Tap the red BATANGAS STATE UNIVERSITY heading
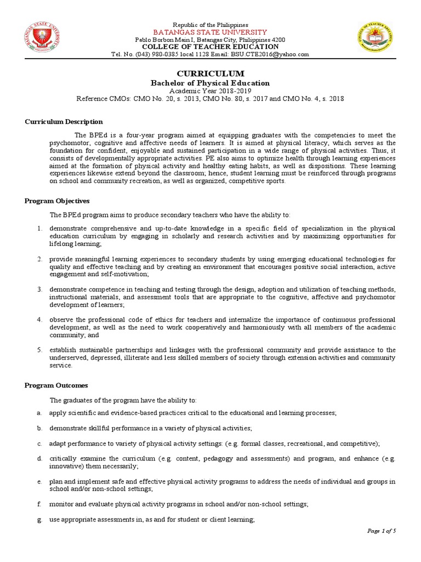(210, 32)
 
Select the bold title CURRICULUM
(210, 74)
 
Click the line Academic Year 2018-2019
(210, 91)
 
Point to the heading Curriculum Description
(64, 122)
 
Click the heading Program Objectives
(57, 201)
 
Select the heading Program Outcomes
(56, 385)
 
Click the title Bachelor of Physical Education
(210, 83)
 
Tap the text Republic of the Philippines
(210, 25)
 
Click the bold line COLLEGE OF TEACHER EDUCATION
(210, 47)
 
